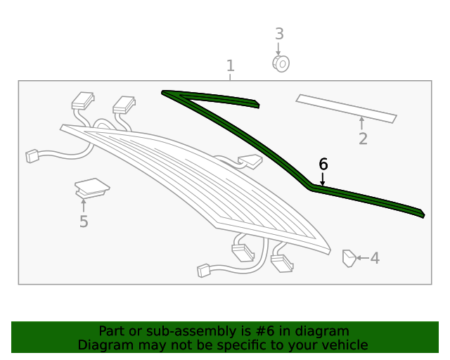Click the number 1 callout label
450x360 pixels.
231,65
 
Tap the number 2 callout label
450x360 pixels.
363,139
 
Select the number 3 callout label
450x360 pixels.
279,34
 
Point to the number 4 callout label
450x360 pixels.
375,258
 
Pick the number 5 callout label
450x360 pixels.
84,221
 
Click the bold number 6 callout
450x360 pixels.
323,165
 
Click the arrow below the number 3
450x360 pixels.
278,49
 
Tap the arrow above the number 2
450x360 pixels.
361,123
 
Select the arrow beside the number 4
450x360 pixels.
363,258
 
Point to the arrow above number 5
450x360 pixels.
84,205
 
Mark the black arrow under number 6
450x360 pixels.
323,179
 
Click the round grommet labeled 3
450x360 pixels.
281,63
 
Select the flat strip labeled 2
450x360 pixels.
347,108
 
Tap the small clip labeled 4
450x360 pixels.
349,258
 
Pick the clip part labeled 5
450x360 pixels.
91,188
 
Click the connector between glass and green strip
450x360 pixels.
250,161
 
